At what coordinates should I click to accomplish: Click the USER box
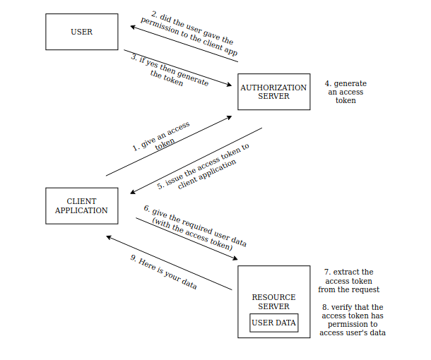click(x=81, y=32)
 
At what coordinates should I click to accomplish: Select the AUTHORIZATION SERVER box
click(x=273, y=92)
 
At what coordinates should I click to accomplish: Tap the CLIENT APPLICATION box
click(x=81, y=205)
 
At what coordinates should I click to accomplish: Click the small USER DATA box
click(x=274, y=323)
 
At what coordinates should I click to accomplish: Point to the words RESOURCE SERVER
click(x=273, y=301)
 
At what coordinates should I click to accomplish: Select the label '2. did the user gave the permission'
click(x=189, y=33)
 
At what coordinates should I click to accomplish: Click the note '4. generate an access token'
click(x=346, y=92)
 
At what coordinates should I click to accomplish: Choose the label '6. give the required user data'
click(x=194, y=229)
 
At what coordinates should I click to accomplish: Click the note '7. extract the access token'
click(x=349, y=281)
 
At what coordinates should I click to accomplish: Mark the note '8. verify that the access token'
click(x=353, y=320)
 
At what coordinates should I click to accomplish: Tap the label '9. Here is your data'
click(x=163, y=272)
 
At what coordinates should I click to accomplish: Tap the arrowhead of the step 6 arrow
click(x=235, y=258)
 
